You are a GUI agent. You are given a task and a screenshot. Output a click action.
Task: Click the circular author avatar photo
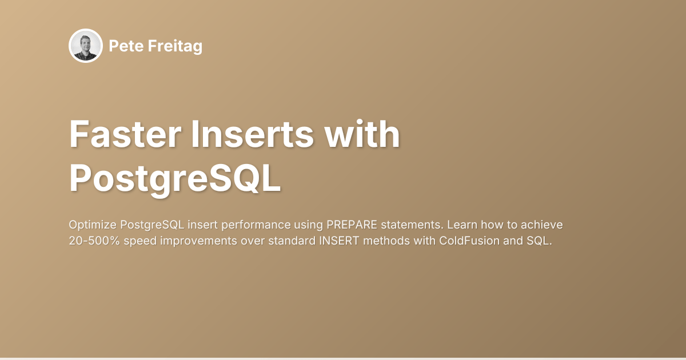click(86, 46)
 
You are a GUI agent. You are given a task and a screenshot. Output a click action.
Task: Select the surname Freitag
click(174, 47)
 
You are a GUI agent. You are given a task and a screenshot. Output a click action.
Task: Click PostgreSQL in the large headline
click(175, 179)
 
